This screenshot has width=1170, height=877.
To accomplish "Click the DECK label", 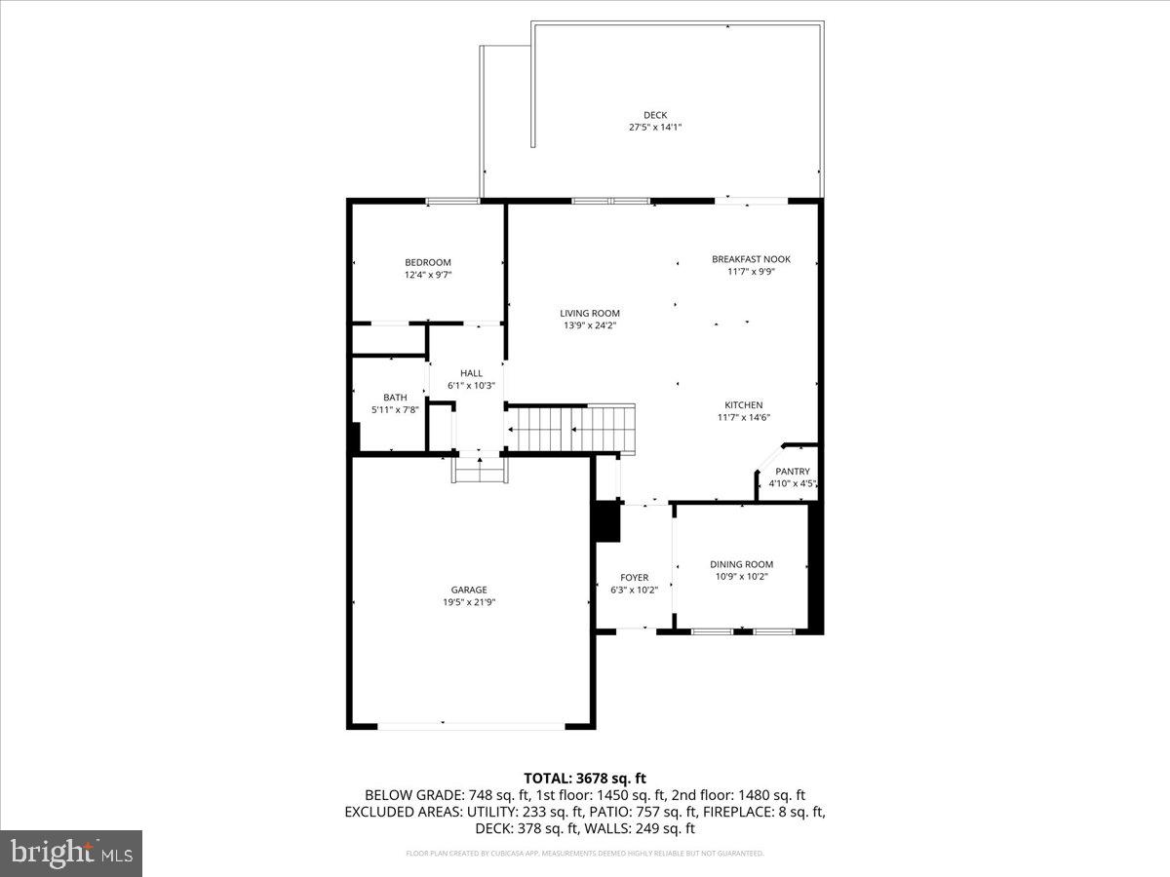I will [655, 115].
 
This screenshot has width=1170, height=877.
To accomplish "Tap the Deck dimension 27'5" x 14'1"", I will [655, 128].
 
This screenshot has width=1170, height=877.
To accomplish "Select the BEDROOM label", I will [428, 262].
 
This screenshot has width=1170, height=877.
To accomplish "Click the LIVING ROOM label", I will [590, 313].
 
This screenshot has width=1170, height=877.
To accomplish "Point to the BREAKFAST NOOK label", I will [751, 259].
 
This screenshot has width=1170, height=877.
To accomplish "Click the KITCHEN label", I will [743, 405].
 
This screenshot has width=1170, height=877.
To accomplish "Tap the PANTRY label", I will [793, 472].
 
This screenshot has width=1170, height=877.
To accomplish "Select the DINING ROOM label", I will [741, 564].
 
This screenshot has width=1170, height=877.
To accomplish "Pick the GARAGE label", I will [469, 590].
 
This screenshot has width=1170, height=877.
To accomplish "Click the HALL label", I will [472, 373].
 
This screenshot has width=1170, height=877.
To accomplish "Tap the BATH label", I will [395, 398].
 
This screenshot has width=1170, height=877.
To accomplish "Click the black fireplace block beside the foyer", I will [607, 520].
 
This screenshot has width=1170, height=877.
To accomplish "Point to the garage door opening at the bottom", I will [471, 725].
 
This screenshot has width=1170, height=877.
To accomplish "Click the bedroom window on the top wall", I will [453, 201].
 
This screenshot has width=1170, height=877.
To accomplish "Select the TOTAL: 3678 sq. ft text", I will [585, 778].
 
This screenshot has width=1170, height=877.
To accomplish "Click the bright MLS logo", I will [71, 853].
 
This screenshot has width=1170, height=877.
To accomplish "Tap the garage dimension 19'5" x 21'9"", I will [469, 602].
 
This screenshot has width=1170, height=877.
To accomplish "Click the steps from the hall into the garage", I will [478, 471].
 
